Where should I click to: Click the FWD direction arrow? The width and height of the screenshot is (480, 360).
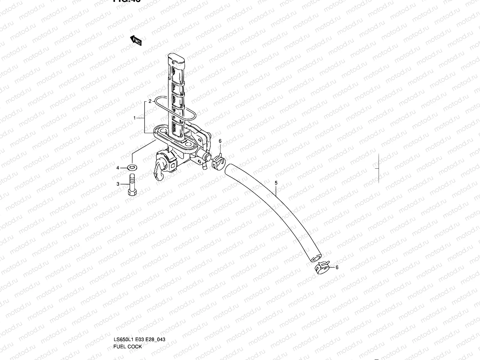(x=136, y=40)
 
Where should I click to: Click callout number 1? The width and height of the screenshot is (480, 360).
(x=135, y=118)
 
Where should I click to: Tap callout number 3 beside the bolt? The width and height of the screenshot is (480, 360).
(x=118, y=184)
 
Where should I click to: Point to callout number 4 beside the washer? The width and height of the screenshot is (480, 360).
(x=118, y=168)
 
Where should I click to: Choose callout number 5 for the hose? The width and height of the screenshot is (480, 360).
(x=276, y=182)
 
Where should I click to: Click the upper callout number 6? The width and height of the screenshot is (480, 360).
(x=220, y=141)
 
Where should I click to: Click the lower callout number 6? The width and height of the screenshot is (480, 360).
(x=337, y=267)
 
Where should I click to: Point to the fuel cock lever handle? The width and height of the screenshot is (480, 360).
(x=159, y=171)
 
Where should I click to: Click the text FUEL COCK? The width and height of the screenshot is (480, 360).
(x=127, y=321)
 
